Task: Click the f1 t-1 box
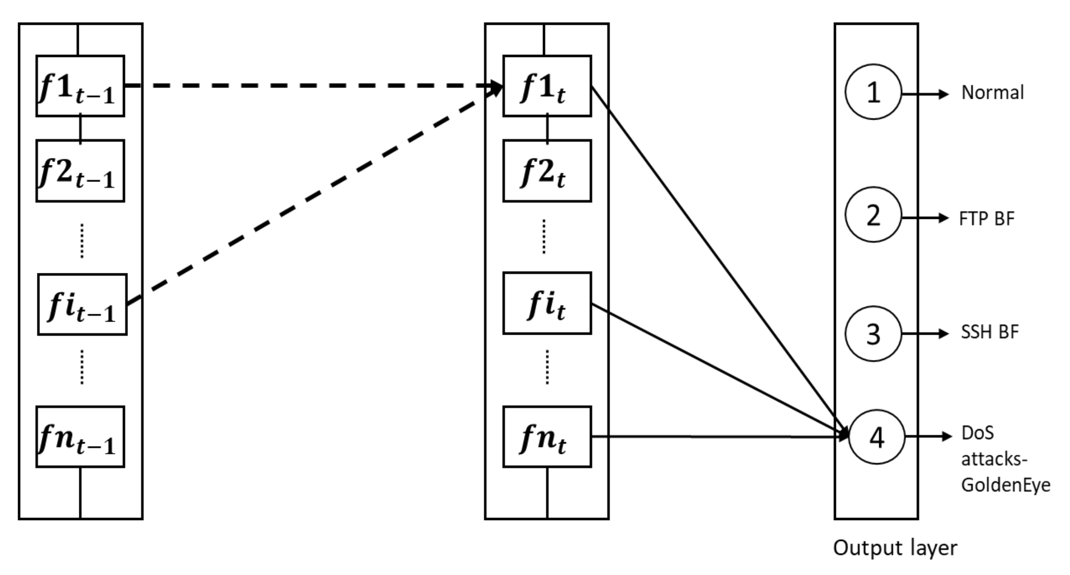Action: click(80, 86)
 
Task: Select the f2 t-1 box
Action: click(80, 171)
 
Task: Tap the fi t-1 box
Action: click(82, 305)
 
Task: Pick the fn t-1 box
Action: click(80, 437)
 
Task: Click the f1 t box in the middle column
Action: click(547, 86)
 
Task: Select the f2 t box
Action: click(547, 171)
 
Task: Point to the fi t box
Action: click(547, 303)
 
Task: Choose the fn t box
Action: click(547, 437)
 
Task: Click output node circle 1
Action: click(873, 92)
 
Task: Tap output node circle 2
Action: click(873, 215)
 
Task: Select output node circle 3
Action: click(873, 334)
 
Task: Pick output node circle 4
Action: click(876, 437)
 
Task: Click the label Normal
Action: click(992, 92)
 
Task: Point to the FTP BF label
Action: click(986, 218)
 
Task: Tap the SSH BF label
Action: click(989, 332)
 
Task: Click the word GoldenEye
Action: click(1005, 485)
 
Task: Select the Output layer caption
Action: click(895, 548)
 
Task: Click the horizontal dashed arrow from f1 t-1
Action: click(311, 86)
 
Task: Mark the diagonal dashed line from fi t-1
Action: click(311, 195)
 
